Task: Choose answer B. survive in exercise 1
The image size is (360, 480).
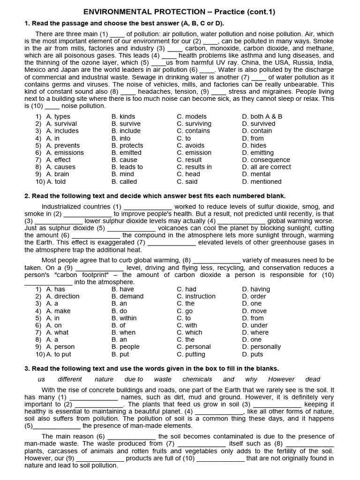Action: pyautogui.click(x=126, y=124)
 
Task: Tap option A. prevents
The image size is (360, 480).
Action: pyautogui.click(x=63, y=145)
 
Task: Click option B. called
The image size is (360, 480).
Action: pyautogui.click(x=124, y=181)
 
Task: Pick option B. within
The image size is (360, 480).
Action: pyautogui.click(x=125, y=318)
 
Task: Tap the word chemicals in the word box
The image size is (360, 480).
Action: pyautogui.click(x=197, y=379)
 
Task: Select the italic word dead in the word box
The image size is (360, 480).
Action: pyautogui.click(x=313, y=379)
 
